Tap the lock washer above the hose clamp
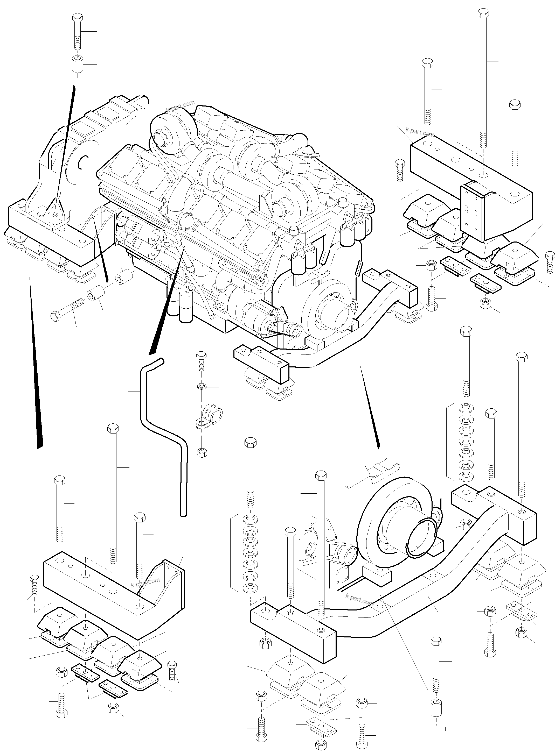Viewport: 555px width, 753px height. (x=200, y=387)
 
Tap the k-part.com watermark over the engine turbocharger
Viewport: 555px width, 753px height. (x=181, y=106)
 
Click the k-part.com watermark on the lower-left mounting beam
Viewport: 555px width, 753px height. (x=145, y=583)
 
